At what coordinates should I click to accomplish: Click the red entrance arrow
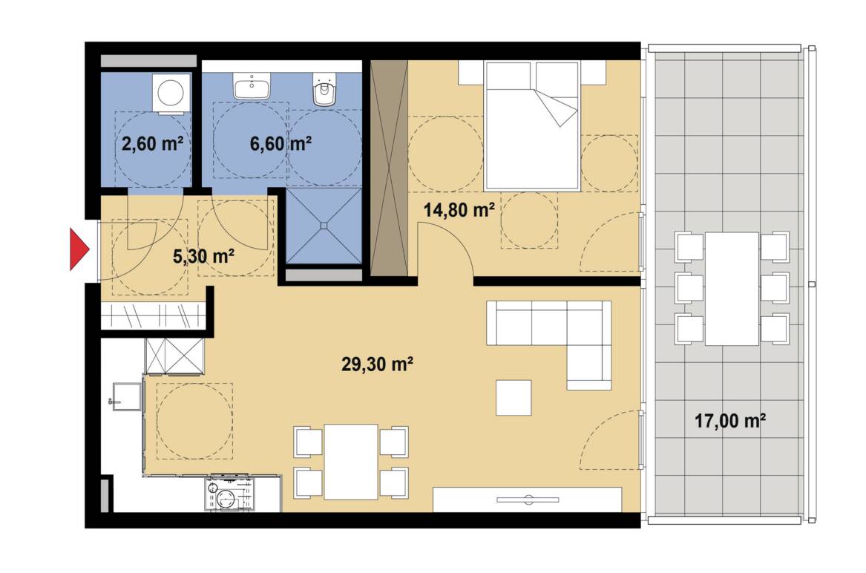[79, 249]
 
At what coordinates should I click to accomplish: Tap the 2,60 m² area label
[152, 144]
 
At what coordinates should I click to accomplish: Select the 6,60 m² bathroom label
[281, 144]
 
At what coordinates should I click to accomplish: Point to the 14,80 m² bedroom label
[459, 210]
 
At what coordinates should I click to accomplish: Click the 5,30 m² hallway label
[204, 256]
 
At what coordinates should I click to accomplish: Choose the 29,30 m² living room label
[378, 364]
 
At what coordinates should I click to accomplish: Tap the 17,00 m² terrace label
[730, 421]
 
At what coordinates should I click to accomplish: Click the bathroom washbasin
[252, 85]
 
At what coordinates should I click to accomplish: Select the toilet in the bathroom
[324, 89]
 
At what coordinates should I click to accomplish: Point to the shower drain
[324, 226]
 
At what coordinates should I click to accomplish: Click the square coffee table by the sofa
[514, 397]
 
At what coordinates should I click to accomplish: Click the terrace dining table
[732, 289]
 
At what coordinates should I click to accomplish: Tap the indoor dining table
[351, 462]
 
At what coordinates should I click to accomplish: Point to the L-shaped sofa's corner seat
[588, 324]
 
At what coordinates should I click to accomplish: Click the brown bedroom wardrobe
[389, 168]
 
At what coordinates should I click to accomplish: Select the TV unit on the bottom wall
[528, 500]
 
